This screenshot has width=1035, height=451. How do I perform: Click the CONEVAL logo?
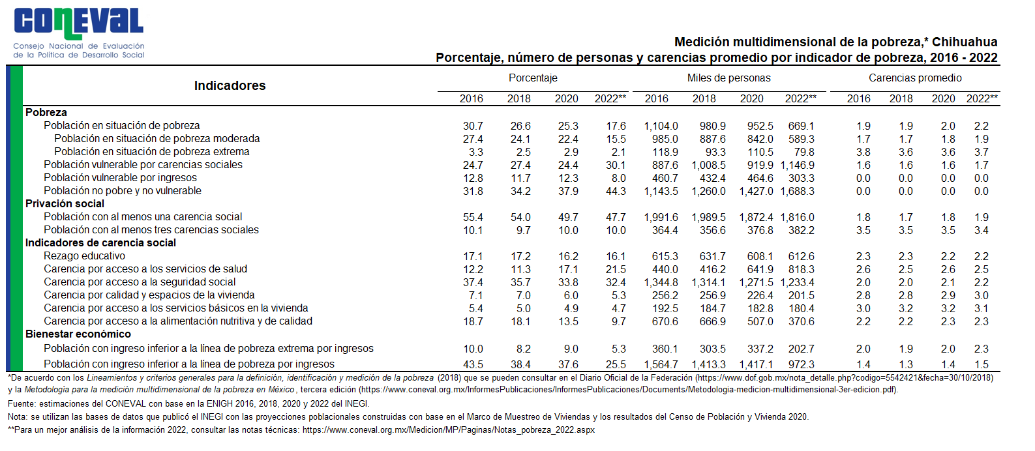pos(79,33)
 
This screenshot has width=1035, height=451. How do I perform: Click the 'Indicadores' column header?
pos(230,85)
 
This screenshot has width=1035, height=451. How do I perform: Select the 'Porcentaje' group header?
pos(533,78)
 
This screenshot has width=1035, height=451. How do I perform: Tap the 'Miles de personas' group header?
pos(728,78)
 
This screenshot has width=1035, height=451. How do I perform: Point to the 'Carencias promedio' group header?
pos(915,78)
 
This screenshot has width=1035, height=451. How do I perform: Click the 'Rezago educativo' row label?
pos(84,255)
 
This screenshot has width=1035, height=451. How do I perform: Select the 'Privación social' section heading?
pos(65,203)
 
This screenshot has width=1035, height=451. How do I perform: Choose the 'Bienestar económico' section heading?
pos(78,334)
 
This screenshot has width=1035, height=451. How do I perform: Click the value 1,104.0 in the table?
pos(661,126)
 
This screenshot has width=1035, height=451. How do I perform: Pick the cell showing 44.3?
pos(616,191)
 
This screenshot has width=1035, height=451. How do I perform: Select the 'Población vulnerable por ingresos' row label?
pos(120,178)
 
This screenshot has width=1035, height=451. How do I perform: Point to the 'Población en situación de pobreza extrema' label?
pos(151,151)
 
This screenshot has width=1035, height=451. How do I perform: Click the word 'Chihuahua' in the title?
pos(965,42)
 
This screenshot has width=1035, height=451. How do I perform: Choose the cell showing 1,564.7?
pos(661,365)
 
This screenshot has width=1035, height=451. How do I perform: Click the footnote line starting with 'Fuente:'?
pos(188,404)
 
